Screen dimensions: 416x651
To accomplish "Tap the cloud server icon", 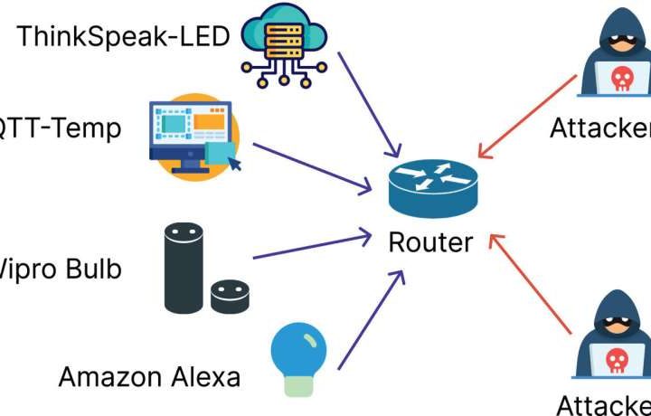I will (x=283, y=45).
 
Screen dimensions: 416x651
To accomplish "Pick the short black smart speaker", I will (x=229, y=295).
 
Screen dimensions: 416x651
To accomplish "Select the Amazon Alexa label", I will (x=150, y=376).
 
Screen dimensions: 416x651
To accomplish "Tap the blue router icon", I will (x=430, y=187).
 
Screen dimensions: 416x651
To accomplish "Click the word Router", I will (x=430, y=242).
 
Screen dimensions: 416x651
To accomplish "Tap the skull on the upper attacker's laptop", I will (x=621, y=80).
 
